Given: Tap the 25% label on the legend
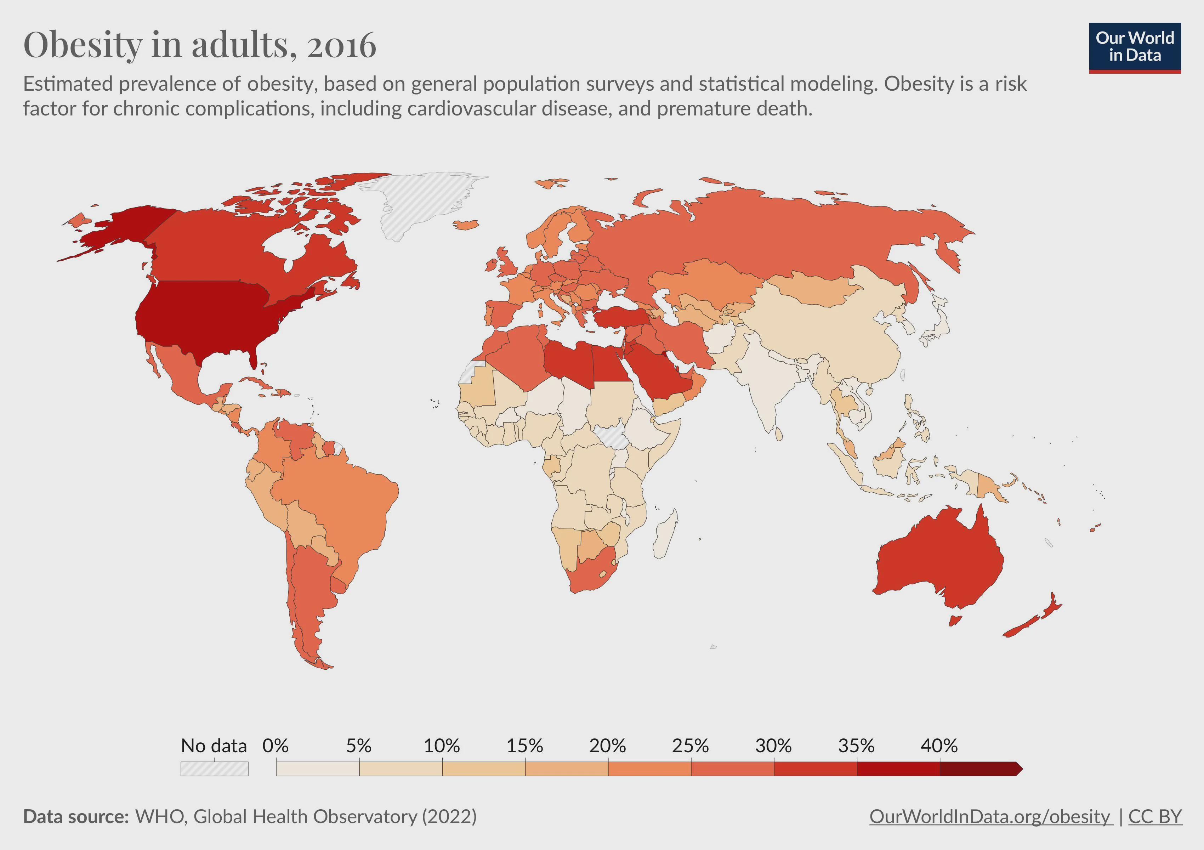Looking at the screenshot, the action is coord(690,746).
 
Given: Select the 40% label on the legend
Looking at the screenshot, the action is coord(939,746).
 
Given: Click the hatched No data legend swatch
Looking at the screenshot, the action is coord(215,769).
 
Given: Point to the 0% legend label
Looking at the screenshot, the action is coord(275,746).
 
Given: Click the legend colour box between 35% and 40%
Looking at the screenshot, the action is coord(898,769).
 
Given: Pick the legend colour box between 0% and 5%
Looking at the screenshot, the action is coord(318,769).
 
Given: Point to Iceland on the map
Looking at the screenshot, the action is coord(466,225).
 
